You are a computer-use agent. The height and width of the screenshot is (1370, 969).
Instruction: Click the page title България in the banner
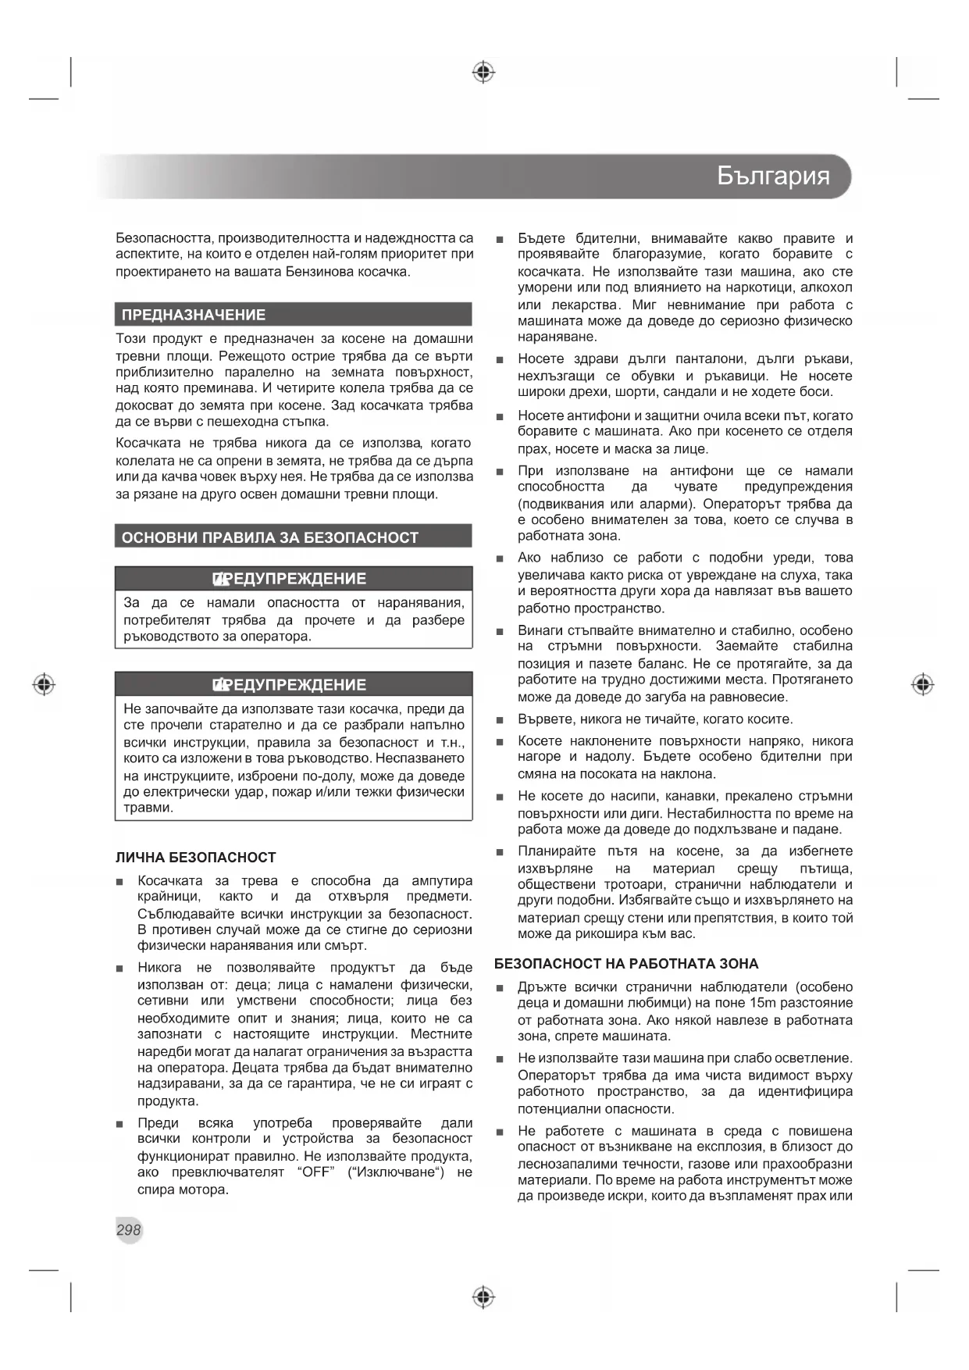[772, 176]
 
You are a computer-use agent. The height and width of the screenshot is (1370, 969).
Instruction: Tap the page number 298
[129, 1229]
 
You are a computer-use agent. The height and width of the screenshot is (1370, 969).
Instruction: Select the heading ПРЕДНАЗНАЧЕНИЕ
[194, 315]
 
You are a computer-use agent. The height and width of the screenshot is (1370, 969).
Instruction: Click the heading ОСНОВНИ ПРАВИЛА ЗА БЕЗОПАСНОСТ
[270, 537]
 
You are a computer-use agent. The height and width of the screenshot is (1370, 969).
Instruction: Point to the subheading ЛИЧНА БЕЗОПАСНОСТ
[196, 858]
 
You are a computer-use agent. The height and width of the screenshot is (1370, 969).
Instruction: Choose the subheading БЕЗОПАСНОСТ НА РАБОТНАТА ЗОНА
[626, 964]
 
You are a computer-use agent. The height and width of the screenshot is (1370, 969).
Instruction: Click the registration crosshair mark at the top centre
[484, 73]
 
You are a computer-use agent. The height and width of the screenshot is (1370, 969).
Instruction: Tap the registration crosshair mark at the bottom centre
[484, 1297]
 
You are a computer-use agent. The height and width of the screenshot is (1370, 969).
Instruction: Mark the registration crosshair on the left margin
[45, 685]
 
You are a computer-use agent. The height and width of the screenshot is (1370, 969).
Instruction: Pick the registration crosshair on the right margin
[923, 685]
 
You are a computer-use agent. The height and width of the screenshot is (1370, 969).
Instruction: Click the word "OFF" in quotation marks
[315, 1172]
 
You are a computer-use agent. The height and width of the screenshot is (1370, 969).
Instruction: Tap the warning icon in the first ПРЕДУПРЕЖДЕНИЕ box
[219, 579]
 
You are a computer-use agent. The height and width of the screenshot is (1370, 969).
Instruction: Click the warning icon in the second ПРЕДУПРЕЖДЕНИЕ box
[219, 685]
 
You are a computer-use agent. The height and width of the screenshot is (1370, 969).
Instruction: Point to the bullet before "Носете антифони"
[500, 417]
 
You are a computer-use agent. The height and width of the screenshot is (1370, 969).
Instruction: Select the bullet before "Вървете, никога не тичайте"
[500, 720]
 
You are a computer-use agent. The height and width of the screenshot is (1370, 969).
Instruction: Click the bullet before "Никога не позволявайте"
[119, 969]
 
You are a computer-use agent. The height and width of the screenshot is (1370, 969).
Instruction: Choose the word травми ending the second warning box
[148, 808]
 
